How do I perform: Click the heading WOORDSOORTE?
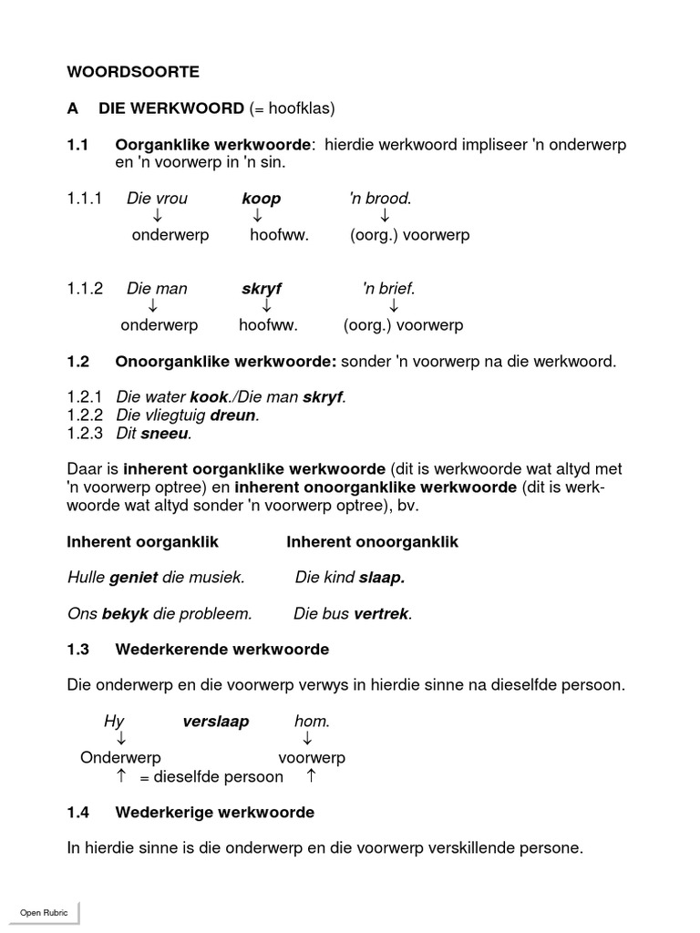[133, 70]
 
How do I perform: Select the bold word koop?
[261, 199]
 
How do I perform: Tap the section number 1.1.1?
[85, 199]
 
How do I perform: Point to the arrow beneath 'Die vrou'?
[157, 216]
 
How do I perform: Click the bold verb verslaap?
[215, 722]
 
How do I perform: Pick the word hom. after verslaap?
[312, 722]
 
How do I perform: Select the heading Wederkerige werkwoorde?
[214, 812]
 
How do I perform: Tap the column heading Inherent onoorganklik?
[372, 542]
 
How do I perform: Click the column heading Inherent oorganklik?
[143, 542]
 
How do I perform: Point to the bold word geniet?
[133, 578]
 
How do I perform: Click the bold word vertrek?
[383, 614]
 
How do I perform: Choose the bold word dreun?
[234, 415]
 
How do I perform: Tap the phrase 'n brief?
[388, 289]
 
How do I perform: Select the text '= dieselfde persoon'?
[211, 777]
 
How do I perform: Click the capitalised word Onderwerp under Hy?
[120, 758]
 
